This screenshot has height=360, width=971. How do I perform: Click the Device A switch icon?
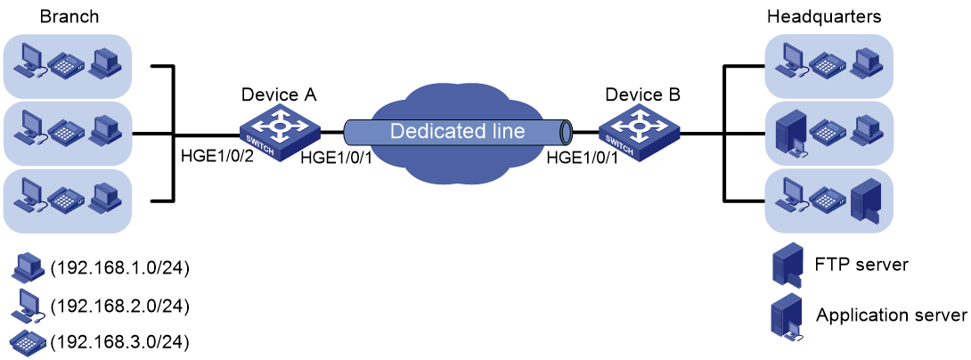[280, 130]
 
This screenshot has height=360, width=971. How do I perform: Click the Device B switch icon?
[639, 130]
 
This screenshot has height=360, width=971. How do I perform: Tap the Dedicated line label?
[458, 131]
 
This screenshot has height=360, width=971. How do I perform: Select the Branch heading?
[69, 17]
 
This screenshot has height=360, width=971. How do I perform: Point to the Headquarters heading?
[824, 17]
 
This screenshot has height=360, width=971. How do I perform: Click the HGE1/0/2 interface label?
[209, 160]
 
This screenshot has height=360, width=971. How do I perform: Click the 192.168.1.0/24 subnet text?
[119, 268]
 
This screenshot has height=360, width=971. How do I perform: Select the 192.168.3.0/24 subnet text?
[119, 340]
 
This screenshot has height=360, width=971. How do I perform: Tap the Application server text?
[892, 315]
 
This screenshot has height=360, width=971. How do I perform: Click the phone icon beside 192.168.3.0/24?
[28, 340]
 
